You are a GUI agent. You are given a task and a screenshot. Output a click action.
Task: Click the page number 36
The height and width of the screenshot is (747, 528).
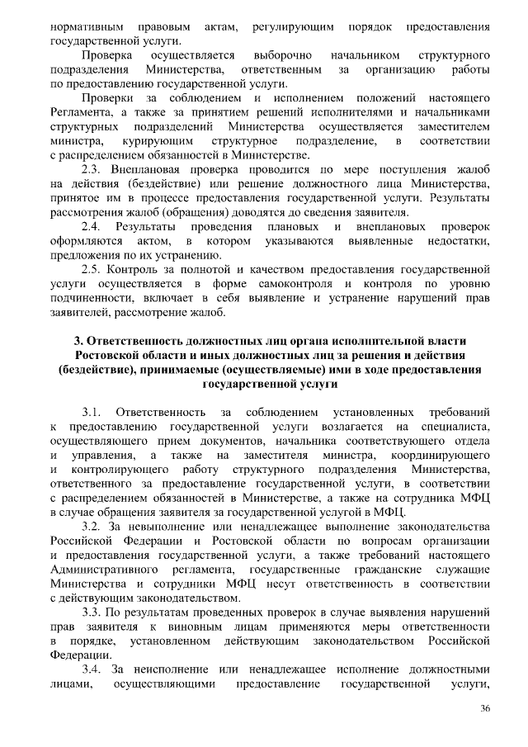(x=485, y=709)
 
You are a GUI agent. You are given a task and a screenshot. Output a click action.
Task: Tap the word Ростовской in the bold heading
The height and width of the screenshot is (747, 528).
(x=106, y=355)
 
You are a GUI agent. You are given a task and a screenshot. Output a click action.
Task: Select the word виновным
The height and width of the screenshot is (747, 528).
(x=148, y=626)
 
